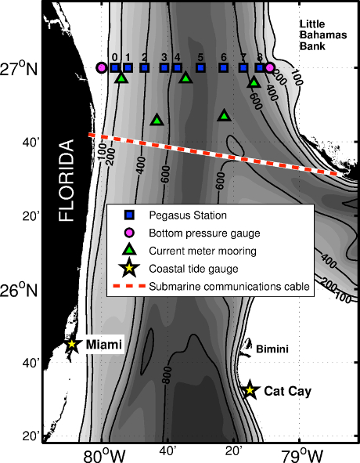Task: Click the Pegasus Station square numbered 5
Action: pyautogui.click(x=200, y=68)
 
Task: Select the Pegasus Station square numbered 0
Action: pyautogui.click(x=115, y=68)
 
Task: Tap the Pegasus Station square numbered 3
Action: pyautogui.click(x=164, y=68)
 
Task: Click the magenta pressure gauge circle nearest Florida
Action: pyautogui.click(x=102, y=68)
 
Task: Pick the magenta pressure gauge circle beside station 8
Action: pyautogui.click(x=269, y=68)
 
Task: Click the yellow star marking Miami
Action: pyautogui.click(x=72, y=344)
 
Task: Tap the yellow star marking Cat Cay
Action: pyautogui.click(x=250, y=390)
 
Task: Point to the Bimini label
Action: pyautogui.click(x=272, y=349)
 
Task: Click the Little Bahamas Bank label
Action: pyautogui.click(x=323, y=34)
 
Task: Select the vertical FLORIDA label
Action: pyautogui.click(x=66, y=180)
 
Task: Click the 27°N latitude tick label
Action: pyautogui.click(x=20, y=69)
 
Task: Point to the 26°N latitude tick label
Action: pyautogui.click(x=20, y=291)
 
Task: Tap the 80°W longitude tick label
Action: pyautogui.click(x=104, y=456)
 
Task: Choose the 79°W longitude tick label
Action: pyautogui.click(x=302, y=456)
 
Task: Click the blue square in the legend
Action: pyautogui.click(x=129, y=215)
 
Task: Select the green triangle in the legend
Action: pyautogui.click(x=129, y=249)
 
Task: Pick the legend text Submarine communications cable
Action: pyautogui.click(x=229, y=287)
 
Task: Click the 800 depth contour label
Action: pyautogui.click(x=167, y=375)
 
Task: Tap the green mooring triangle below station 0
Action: pyautogui.click(x=121, y=78)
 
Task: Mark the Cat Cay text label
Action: pyautogui.click(x=288, y=391)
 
